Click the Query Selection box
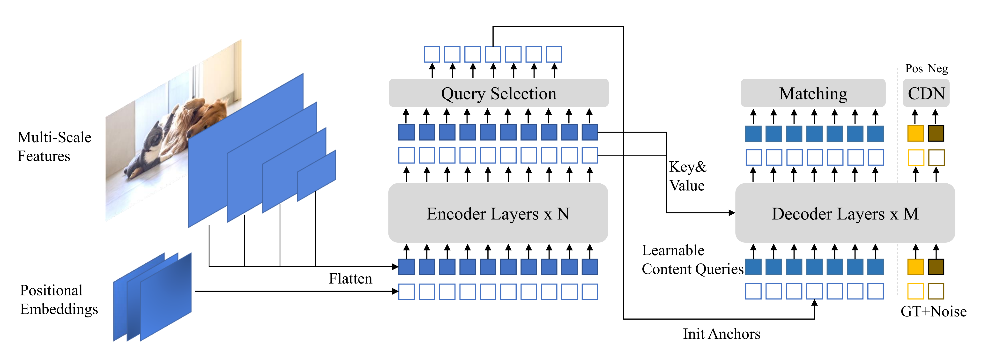click(x=498, y=93)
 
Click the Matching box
click(x=813, y=93)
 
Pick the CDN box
click(x=926, y=93)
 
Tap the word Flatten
click(x=350, y=278)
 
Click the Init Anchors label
click(x=721, y=334)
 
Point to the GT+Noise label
click(x=933, y=311)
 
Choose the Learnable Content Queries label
click(x=692, y=260)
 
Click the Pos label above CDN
click(x=914, y=69)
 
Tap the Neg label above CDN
click(x=938, y=69)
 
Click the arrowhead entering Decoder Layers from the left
click(x=732, y=213)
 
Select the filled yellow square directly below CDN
click(x=915, y=134)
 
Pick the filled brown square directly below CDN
click(x=936, y=134)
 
